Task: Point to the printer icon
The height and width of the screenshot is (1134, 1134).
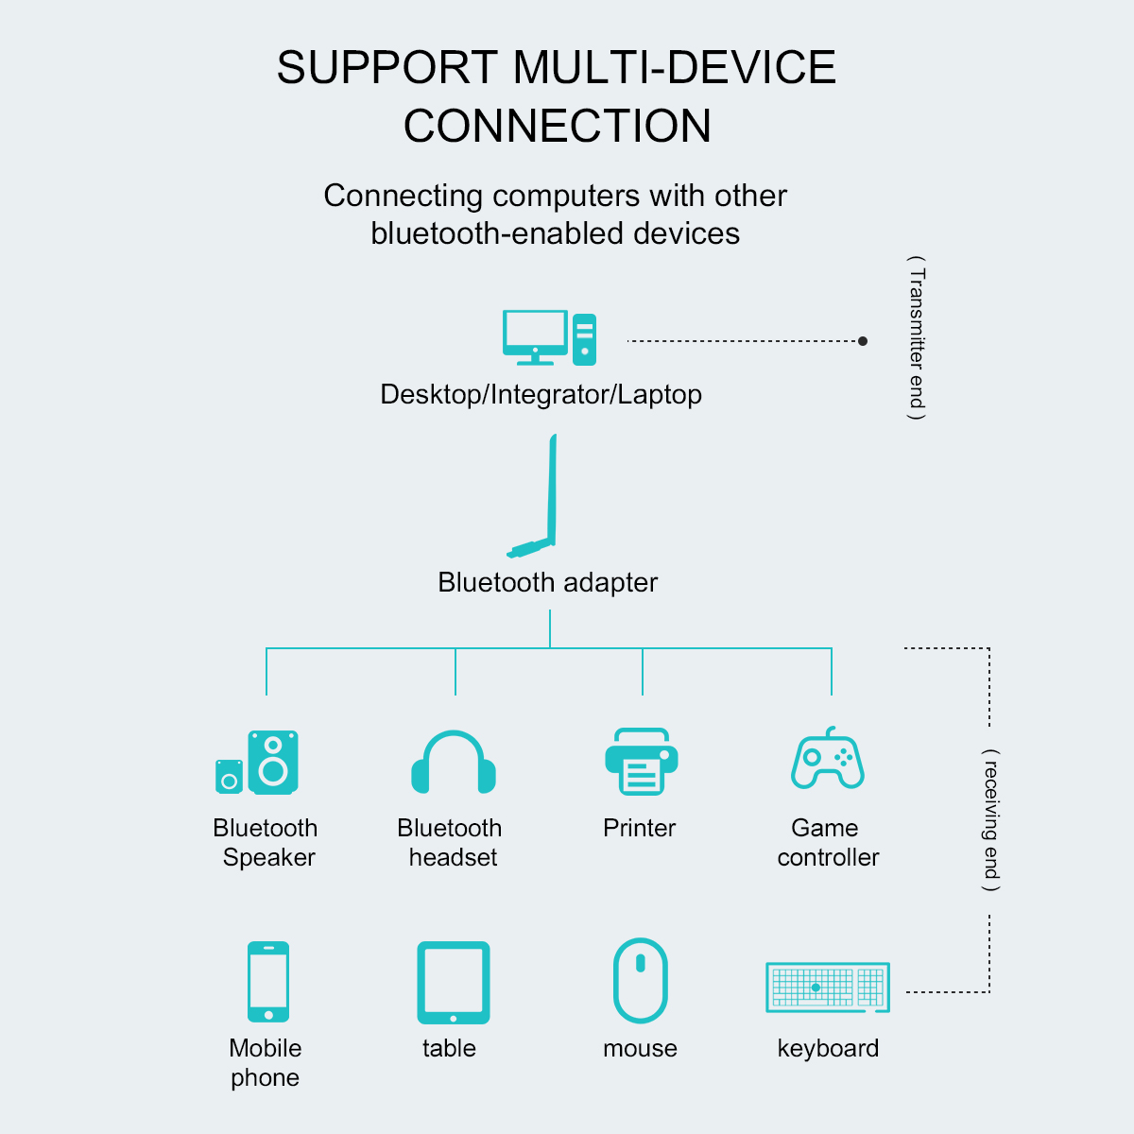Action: pyautogui.click(x=641, y=761)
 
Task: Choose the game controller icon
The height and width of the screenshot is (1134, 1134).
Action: pyautogui.click(x=828, y=759)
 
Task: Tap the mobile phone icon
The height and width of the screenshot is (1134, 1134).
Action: pyautogui.click(x=268, y=981)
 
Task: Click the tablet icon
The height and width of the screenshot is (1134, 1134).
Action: pyautogui.click(x=454, y=982)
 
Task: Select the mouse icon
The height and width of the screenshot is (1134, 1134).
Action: pyautogui.click(x=641, y=981)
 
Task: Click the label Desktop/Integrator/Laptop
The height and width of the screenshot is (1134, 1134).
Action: pyautogui.click(x=541, y=394)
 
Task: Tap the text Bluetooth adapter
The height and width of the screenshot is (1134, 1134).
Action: pyautogui.click(x=547, y=582)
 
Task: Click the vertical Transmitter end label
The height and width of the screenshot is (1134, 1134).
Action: pyautogui.click(x=917, y=338)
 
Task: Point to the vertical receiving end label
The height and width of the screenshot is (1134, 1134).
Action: pyautogui.click(x=990, y=819)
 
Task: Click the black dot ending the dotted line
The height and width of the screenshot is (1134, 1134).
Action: pyautogui.click(x=863, y=341)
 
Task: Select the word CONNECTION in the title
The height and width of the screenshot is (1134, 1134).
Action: pyautogui.click(x=558, y=126)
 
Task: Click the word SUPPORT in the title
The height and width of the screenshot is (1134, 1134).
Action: pyautogui.click(x=387, y=68)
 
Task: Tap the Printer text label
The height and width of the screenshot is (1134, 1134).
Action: pyautogui.click(x=640, y=828)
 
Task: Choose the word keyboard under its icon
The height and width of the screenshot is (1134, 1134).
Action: pyautogui.click(x=828, y=1048)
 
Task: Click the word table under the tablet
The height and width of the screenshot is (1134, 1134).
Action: pyautogui.click(x=449, y=1048)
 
